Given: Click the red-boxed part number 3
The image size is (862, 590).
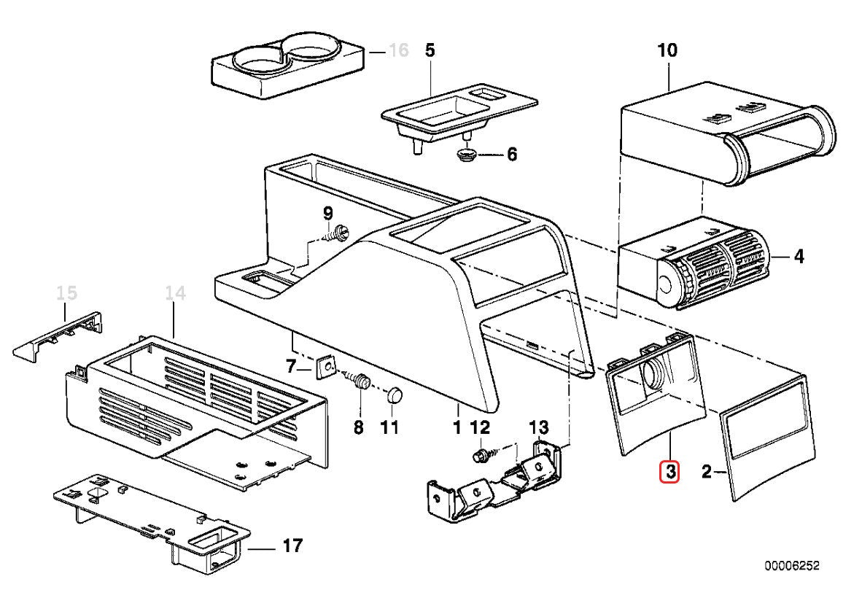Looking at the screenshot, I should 669,473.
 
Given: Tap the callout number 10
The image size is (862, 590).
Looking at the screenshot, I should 667,50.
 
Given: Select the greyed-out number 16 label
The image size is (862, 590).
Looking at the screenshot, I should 398,51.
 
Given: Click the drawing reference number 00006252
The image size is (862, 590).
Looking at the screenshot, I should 793,566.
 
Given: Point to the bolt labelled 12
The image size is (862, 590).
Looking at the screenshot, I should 479,456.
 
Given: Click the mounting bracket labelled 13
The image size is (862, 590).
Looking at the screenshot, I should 496,481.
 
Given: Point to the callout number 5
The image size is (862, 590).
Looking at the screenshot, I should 430,50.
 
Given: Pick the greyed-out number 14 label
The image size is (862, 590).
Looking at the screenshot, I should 175,294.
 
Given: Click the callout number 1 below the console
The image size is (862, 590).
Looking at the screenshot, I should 457,427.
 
